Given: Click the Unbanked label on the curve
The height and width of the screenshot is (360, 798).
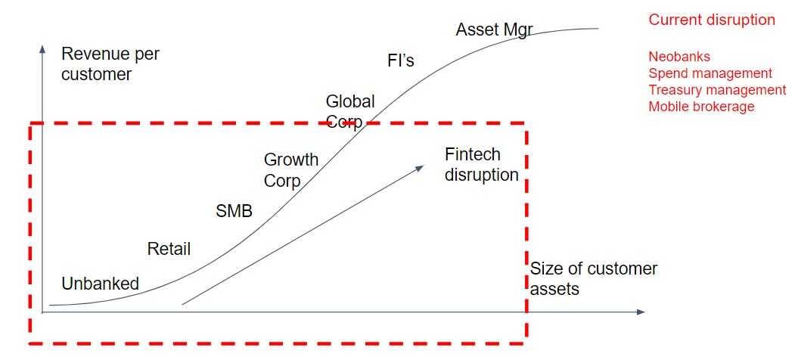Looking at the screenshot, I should tap(101, 284).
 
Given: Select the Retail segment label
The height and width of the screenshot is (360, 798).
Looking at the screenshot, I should tap(169, 249).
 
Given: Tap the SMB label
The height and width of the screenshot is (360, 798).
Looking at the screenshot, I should tap(234, 211).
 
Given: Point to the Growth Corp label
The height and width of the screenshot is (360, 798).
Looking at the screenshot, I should tap(290, 170).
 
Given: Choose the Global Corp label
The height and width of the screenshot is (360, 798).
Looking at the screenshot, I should tap(349, 111).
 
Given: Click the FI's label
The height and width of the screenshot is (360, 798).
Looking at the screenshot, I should tap(401, 61).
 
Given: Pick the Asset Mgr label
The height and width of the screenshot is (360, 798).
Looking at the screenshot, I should tap(494, 30).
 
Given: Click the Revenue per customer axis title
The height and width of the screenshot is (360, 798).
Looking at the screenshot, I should tap(110, 64).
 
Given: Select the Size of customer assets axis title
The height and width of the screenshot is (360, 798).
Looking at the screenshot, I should tap(594, 278).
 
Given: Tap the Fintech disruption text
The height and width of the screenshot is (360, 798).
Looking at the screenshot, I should tap(482, 165).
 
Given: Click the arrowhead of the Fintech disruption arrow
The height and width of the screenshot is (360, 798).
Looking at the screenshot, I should tap(421, 167).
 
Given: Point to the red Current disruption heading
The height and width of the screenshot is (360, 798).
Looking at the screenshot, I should tap(712, 20).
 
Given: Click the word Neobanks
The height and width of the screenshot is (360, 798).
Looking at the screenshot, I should tap(679, 57).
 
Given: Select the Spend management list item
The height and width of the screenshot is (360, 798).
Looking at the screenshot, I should tap(710, 73).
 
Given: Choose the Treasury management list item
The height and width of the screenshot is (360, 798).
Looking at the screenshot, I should tap(717, 90).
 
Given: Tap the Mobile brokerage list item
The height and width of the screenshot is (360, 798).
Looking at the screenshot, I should tap(701, 107).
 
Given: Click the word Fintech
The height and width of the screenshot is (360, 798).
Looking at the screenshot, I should tap(473, 155).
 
